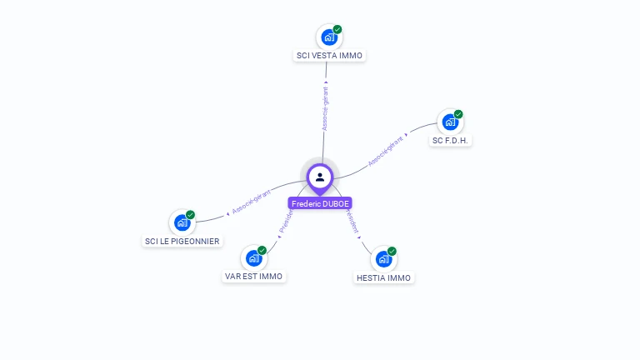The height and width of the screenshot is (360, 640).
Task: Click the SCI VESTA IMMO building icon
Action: pos(329,37)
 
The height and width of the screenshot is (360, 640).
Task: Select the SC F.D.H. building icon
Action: pos(450,122)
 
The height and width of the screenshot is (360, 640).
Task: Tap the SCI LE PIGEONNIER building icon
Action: pos(182,222)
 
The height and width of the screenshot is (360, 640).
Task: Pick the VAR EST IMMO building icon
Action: pos(253,258)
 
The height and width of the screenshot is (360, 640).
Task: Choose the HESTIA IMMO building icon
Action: pos(383,259)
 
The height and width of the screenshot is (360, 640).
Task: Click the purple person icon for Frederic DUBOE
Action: pos(320,177)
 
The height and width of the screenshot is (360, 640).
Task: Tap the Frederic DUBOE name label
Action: pos(320,203)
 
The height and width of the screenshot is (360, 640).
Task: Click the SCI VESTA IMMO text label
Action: pos(330,56)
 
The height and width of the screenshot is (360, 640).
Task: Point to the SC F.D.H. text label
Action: pos(451,141)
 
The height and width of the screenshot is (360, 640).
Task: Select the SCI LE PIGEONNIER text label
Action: pos(182,241)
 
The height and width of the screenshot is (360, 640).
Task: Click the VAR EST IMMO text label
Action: pos(253,276)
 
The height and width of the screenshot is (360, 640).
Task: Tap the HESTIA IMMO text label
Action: pos(383,277)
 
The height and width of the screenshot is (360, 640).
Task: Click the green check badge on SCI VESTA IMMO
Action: pos(337,29)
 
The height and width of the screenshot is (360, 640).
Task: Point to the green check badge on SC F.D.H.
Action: pos(458,114)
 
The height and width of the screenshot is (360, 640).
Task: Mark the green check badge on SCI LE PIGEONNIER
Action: pos(190,214)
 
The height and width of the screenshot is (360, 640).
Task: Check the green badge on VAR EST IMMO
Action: pos(262,250)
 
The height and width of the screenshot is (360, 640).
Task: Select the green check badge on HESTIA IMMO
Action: pos(392,251)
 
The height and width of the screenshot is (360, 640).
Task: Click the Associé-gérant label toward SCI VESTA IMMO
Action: pos(325,108)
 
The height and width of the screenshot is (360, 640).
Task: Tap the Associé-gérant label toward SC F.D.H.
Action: pos(385,150)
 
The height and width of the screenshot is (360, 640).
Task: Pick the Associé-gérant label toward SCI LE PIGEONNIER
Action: pos(252,202)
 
